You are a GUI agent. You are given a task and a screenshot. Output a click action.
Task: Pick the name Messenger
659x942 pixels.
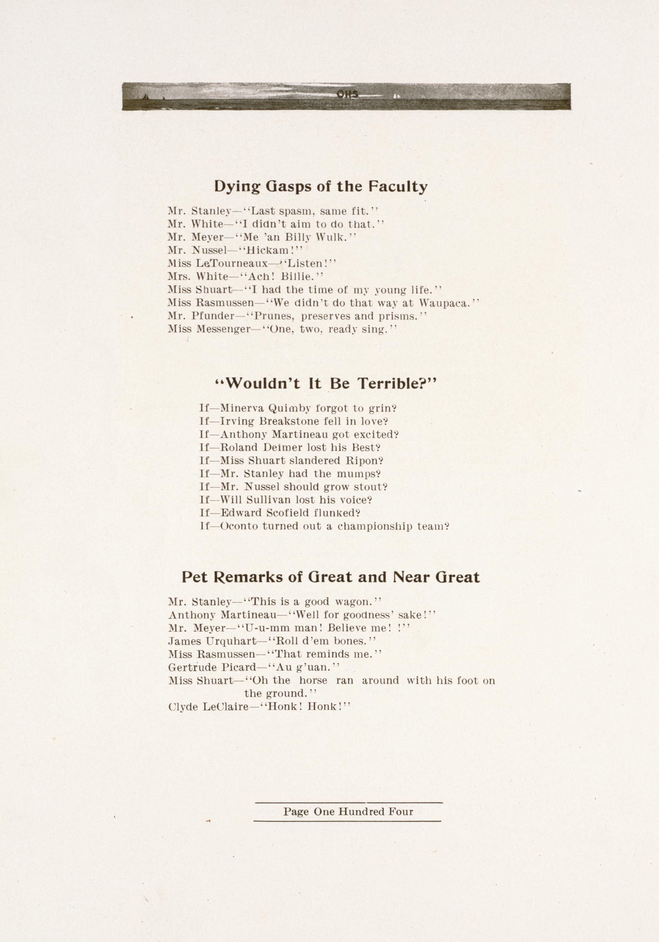(223, 329)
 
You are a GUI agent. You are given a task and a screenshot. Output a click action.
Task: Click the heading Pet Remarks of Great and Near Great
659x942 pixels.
(331, 577)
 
